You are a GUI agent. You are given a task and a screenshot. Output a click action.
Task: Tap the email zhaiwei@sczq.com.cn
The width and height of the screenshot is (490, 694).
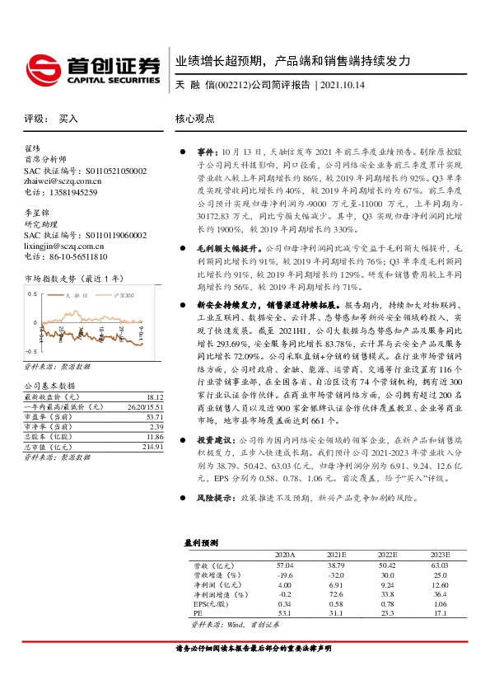[63, 181]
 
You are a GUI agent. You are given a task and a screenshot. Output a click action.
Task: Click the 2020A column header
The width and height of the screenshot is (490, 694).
[284, 555]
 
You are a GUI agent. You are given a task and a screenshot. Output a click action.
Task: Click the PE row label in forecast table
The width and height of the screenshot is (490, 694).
[198, 614]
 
